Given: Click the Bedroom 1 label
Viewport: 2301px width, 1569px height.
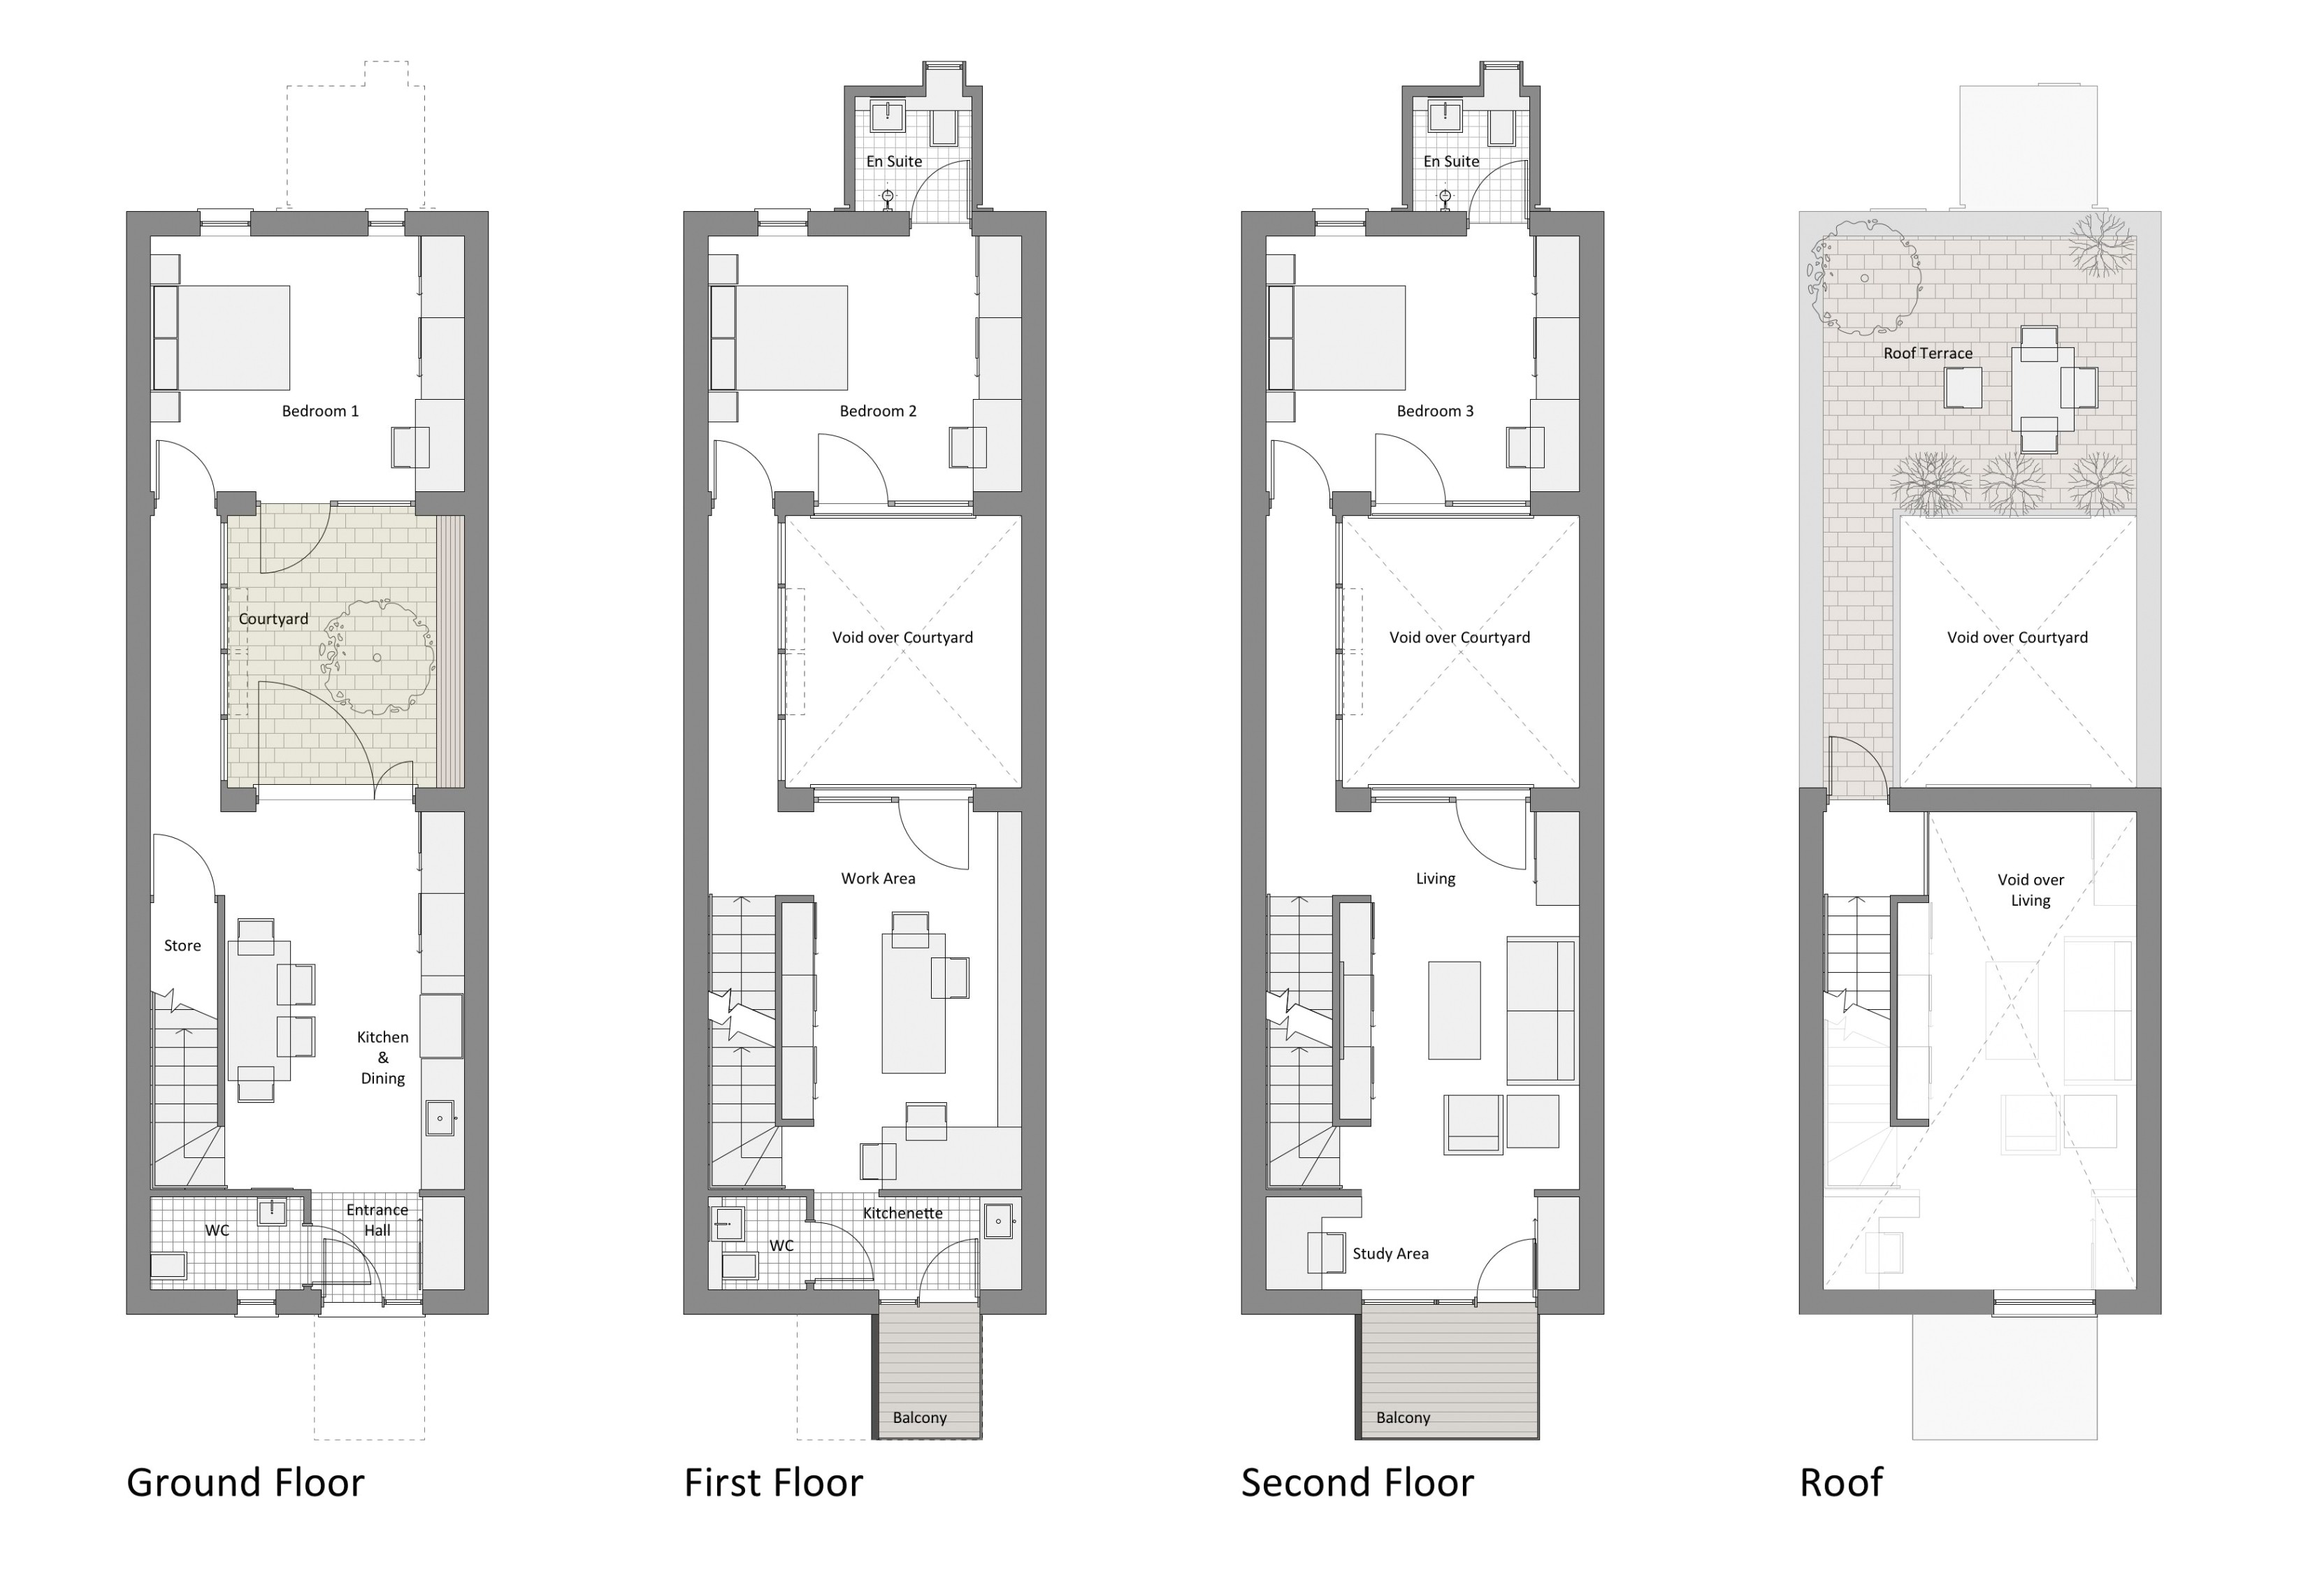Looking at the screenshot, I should (x=320, y=411).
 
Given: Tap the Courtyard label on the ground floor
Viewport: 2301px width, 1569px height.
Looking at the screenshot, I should (x=273, y=619).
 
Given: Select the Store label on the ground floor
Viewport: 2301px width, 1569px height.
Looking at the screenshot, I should (x=182, y=946).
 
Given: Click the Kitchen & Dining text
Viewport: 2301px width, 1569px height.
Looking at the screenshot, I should (x=382, y=1057).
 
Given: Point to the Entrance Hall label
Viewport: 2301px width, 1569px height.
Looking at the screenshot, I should (x=377, y=1220).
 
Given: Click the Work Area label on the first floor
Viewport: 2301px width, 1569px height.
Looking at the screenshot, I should (x=877, y=878).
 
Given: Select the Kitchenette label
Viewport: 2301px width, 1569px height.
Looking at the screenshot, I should (x=902, y=1213).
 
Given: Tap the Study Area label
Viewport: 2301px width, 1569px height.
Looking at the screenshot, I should (x=1390, y=1253).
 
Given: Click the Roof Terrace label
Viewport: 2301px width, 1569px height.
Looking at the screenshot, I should (x=1927, y=354).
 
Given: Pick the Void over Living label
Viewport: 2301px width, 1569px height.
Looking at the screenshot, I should (x=2030, y=890).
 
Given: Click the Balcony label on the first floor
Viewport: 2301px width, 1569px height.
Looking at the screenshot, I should (x=919, y=1417).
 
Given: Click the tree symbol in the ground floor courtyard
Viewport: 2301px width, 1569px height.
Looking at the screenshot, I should (x=378, y=656).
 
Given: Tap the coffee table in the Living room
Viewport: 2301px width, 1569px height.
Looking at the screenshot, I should (x=1453, y=1010).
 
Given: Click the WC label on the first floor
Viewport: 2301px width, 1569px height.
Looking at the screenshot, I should (x=781, y=1245).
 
